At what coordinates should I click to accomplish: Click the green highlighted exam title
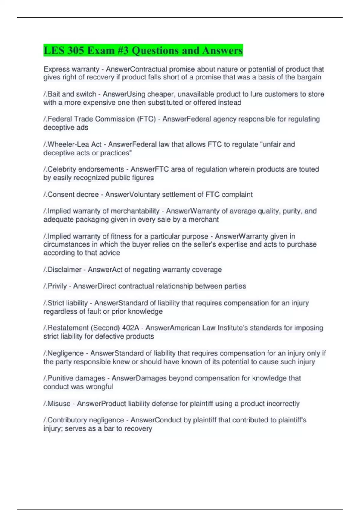click(143, 50)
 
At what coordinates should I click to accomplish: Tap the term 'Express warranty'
click(71, 69)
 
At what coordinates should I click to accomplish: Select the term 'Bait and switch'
click(72, 94)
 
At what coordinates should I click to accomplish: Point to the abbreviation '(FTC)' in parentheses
click(146, 119)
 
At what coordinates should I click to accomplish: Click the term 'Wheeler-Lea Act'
click(74, 144)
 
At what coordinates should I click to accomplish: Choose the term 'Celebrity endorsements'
click(85, 169)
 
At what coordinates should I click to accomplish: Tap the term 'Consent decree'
click(73, 195)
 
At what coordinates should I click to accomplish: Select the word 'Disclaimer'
click(64, 270)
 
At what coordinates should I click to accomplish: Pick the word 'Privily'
click(57, 286)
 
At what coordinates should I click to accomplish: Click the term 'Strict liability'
click(67, 303)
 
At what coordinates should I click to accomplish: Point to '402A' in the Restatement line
click(130, 328)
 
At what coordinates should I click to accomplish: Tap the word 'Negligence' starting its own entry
click(65, 353)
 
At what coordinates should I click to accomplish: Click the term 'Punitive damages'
click(76, 378)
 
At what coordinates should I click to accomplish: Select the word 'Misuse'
click(59, 404)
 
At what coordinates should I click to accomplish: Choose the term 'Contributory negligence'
click(85, 420)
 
